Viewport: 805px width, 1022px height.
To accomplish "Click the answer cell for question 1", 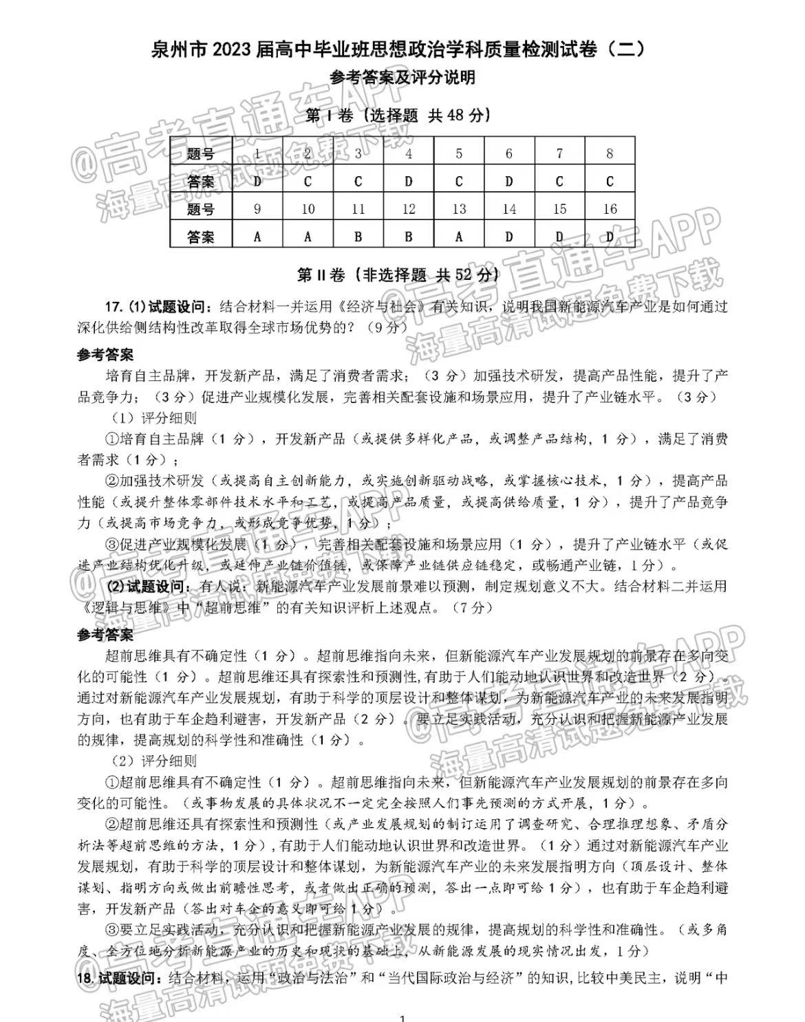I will tap(257, 182).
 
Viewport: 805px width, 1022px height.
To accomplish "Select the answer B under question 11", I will tap(358, 237).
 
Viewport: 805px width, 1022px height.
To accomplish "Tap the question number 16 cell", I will tap(610, 209).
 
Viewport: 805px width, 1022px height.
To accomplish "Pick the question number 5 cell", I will tap(459, 154).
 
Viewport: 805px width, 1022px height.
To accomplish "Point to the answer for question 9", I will tap(257, 237).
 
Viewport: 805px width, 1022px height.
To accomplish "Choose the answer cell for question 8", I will tap(610, 182).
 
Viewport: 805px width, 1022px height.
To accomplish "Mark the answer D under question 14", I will tap(509, 237).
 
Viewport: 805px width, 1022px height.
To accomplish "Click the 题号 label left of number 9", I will tap(201, 209).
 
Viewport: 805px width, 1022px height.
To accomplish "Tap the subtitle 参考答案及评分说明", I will tap(402, 78).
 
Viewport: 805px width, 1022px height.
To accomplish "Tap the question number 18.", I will tap(85, 978).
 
